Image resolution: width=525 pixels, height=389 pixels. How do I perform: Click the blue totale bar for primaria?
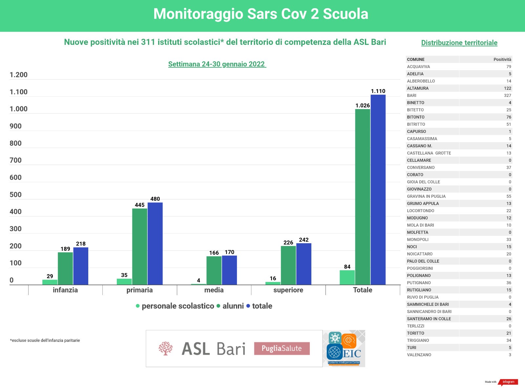(x=155, y=244)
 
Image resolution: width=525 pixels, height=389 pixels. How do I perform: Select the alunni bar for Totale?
(x=363, y=197)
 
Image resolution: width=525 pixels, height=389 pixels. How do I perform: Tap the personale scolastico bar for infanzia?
(x=50, y=282)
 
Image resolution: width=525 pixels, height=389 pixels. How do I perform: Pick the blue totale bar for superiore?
(x=304, y=264)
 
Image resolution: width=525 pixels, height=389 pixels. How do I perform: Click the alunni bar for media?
(x=214, y=270)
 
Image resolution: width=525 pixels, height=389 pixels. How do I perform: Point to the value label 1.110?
(x=378, y=91)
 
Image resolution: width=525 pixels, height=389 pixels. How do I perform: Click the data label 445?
(x=139, y=205)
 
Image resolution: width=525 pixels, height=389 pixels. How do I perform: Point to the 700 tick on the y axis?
(x=15, y=160)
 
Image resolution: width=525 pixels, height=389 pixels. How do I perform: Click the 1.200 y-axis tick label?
(x=18, y=75)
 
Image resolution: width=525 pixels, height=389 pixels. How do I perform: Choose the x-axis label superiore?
(x=288, y=290)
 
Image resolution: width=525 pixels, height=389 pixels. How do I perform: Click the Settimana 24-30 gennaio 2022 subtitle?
(x=217, y=64)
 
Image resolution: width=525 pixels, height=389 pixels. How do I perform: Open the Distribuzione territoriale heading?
(x=459, y=43)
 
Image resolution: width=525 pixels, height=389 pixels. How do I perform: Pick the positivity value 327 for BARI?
(x=507, y=96)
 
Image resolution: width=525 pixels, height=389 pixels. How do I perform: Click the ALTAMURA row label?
(x=418, y=88)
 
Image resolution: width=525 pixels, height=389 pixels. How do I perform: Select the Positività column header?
(x=502, y=60)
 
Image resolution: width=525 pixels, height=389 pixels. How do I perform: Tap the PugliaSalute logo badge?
(x=282, y=348)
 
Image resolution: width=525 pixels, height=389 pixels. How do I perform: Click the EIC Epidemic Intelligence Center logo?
(x=344, y=348)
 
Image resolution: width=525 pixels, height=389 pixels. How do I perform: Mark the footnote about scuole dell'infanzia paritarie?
(x=45, y=341)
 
